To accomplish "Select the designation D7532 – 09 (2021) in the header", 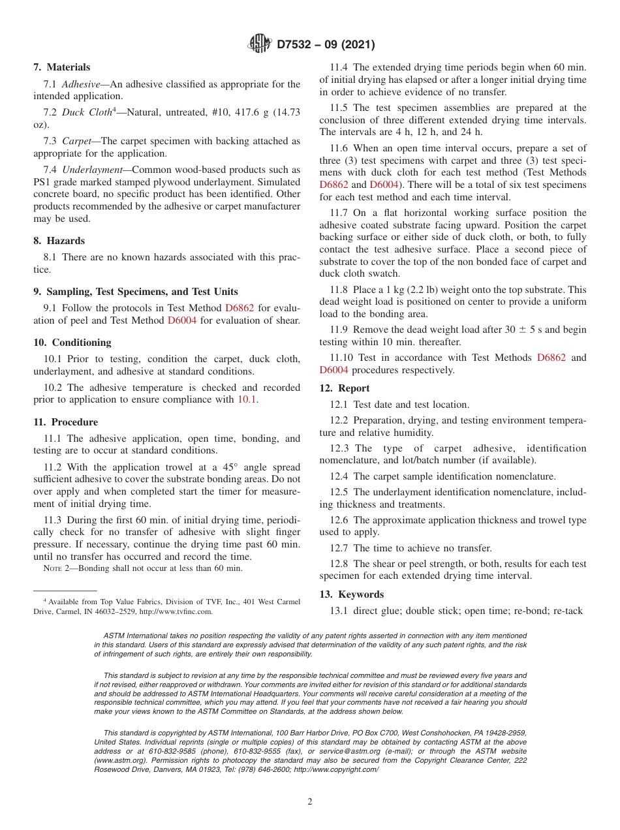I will (326, 45).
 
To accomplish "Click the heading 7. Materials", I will (62, 67).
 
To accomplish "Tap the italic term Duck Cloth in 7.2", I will (87, 112).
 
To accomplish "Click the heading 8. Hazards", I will (59, 241).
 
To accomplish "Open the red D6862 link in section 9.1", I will (240, 307).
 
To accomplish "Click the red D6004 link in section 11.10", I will (333, 370).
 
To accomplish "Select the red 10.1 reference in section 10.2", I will (247, 400).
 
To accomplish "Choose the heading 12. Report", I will (345, 388).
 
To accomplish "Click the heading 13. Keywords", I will (352, 594).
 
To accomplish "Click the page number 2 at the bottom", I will (310, 802).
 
